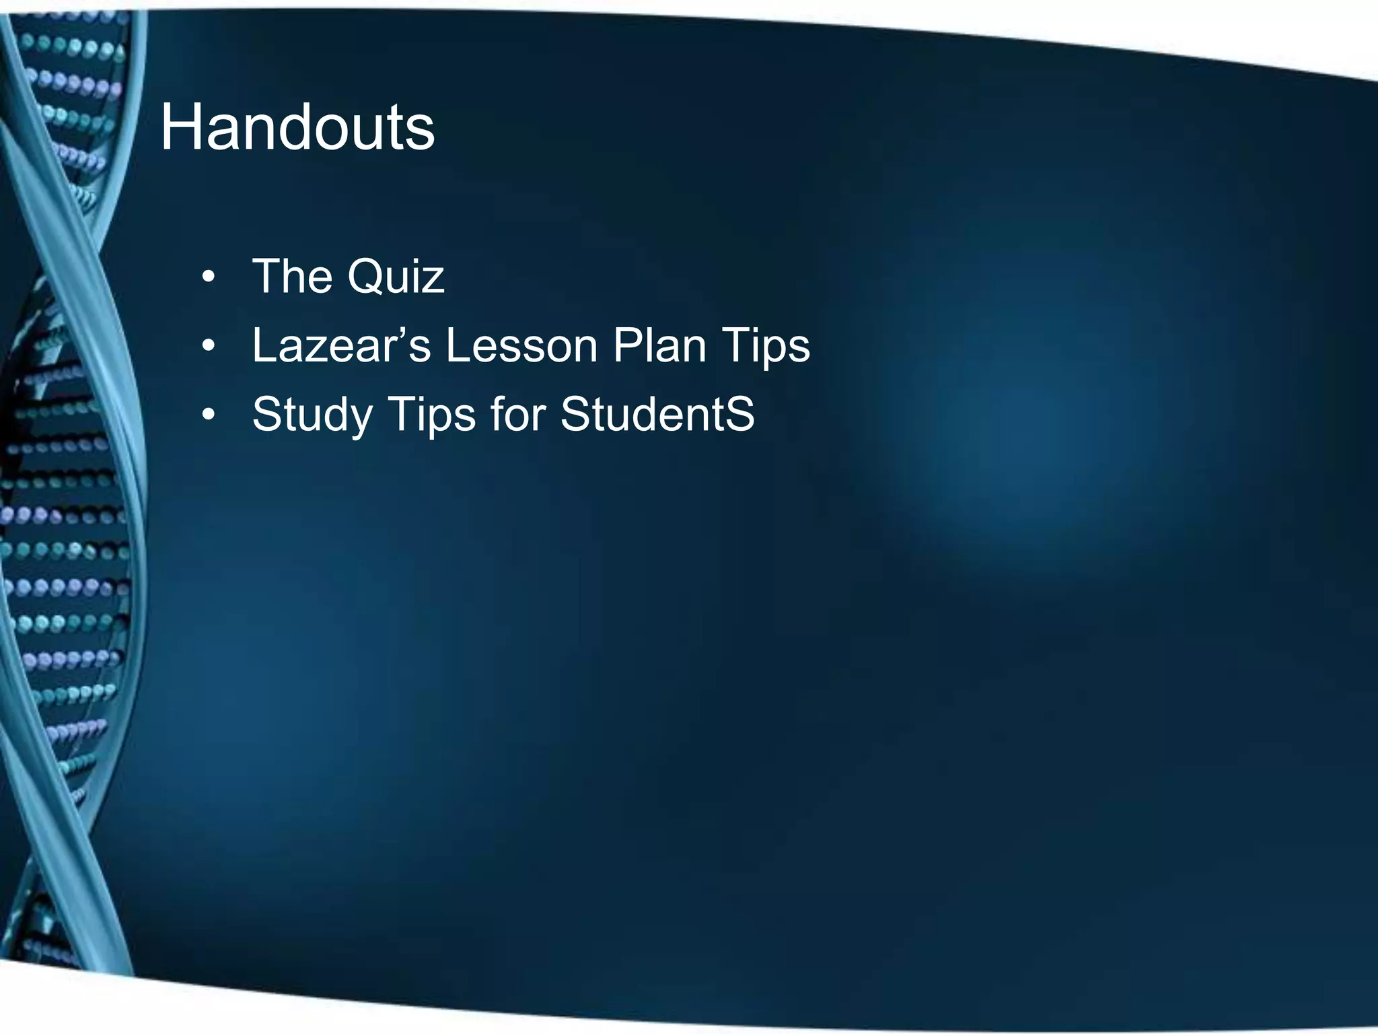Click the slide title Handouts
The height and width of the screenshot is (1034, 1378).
[297, 127]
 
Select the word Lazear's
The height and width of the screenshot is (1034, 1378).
[340, 346]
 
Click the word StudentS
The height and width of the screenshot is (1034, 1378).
[657, 413]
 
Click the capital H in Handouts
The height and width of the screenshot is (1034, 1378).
[177, 127]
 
